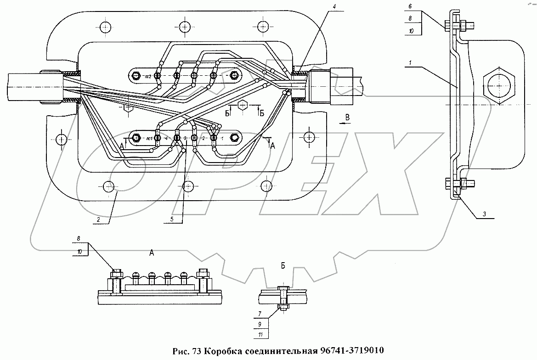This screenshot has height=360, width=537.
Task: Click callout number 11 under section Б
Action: coord(261,335)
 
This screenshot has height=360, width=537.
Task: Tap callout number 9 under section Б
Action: coord(261,324)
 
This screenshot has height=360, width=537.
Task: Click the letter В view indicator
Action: coord(347,117)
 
